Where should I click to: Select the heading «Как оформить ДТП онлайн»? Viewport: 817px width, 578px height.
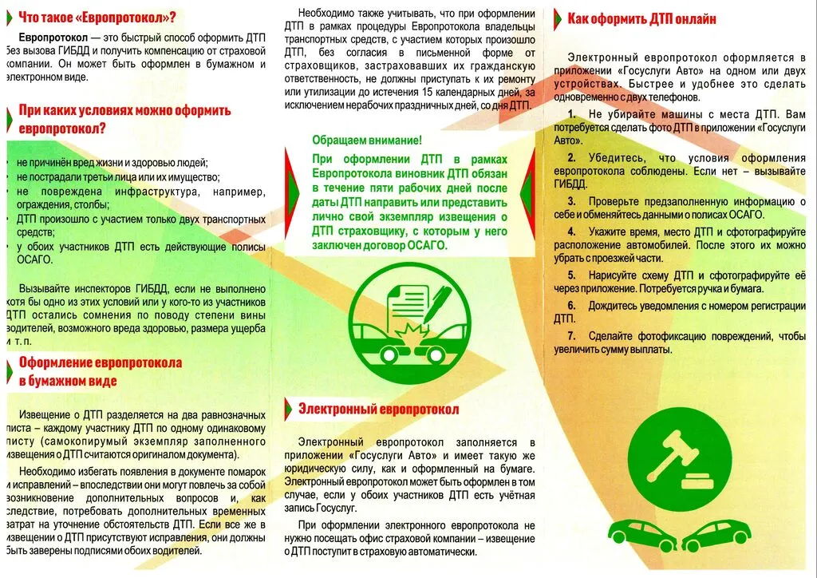[641, 18]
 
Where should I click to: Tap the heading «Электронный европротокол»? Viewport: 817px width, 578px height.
[378, 410]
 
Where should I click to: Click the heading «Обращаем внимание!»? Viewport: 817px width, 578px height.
[367, 141]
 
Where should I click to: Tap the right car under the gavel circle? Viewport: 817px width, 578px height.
[719, 532]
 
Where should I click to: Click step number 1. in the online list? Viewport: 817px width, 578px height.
[572, 115]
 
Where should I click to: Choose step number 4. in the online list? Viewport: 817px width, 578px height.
[572, 232]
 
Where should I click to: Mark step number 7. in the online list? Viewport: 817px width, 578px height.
[571, 335]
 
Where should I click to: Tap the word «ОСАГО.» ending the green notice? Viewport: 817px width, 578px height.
[428, 244]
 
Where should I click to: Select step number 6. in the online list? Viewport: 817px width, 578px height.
[571, 306]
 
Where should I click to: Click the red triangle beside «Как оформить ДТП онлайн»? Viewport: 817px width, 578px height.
[558, 18]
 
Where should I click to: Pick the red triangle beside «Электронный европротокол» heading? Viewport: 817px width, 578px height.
[289, 410]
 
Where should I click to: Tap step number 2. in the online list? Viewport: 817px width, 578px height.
[572, 158]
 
